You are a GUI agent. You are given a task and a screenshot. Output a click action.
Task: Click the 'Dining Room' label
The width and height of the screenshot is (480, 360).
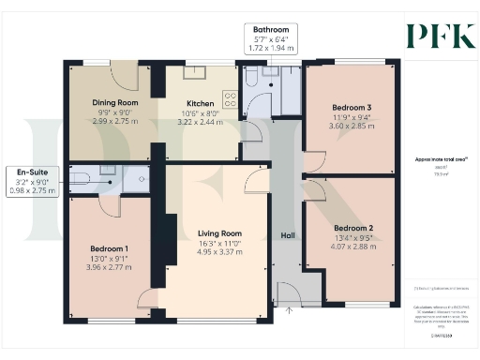click(116, 103)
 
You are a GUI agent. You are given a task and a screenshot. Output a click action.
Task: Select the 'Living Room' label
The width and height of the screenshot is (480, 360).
click(219, 233)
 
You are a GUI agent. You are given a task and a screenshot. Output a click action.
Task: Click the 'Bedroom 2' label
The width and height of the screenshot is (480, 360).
click(353, 228)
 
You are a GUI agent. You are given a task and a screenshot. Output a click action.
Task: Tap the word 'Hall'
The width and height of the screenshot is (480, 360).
click(289, 235)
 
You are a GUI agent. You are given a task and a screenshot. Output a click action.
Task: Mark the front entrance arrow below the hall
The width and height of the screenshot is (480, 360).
click(289, 309)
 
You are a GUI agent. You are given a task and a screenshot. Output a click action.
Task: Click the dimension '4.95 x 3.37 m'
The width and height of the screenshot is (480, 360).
click(219, 252)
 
